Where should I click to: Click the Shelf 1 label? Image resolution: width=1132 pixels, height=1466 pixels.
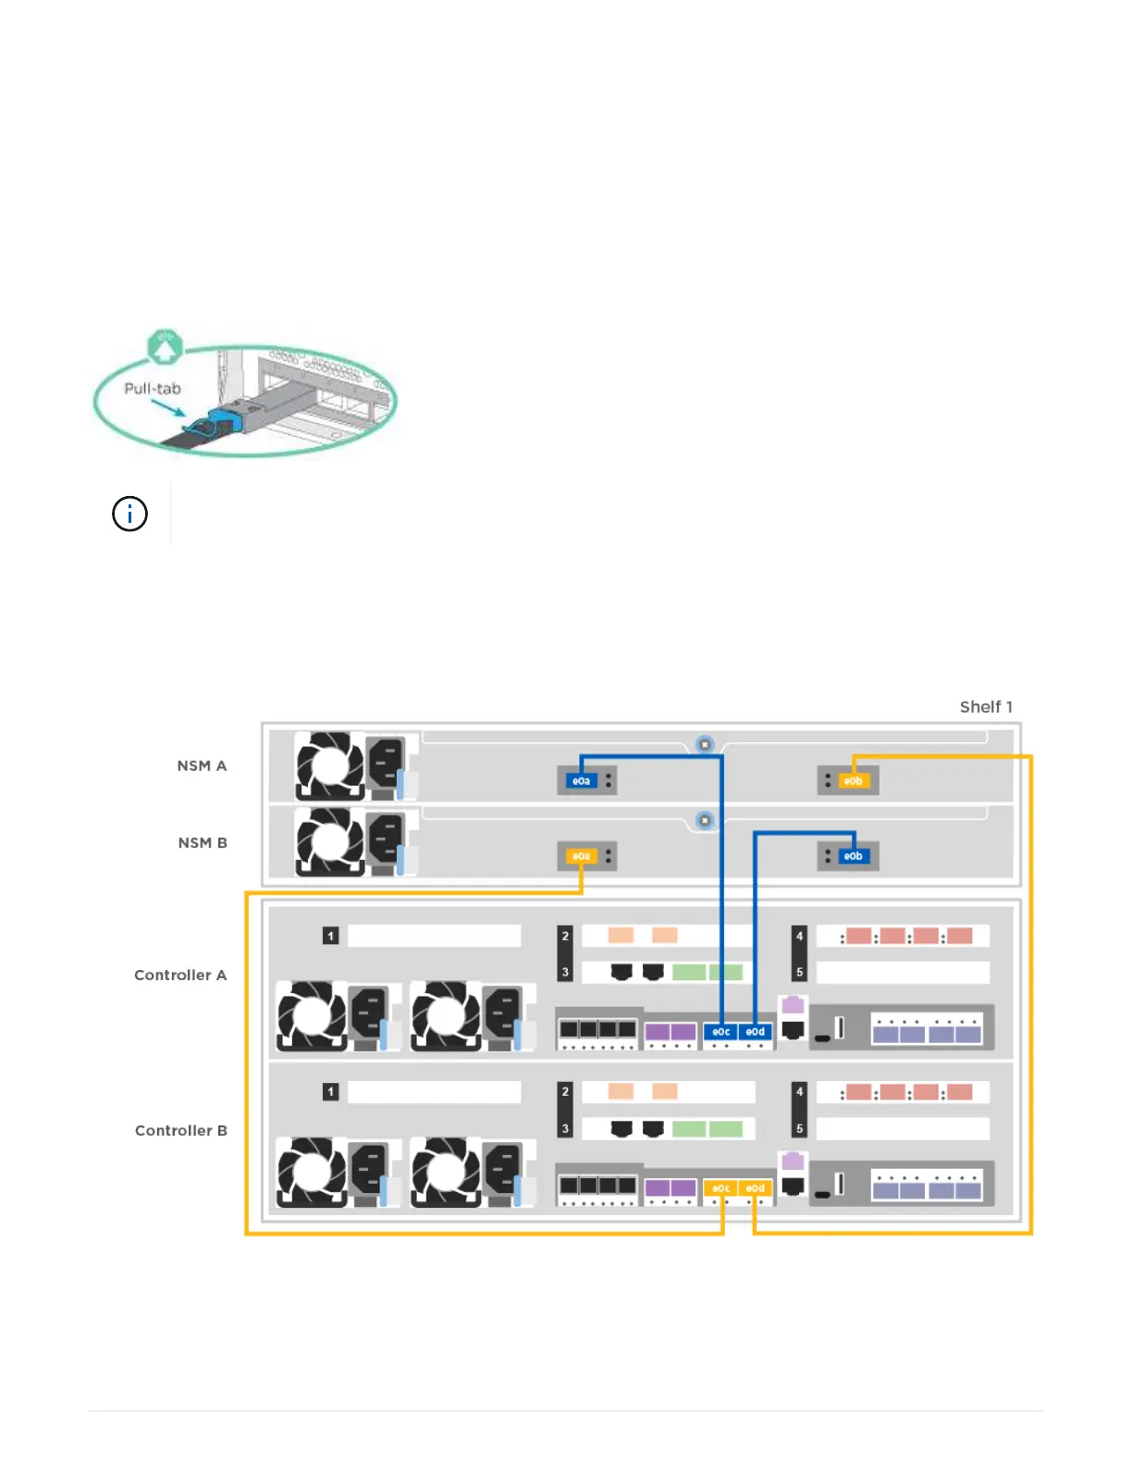pyautogui.click(x=986, y=707)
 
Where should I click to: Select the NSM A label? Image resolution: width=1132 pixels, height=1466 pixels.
pyautogui.click(x=202, y=765)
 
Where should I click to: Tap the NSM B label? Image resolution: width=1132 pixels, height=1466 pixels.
pyautogui.click(x=203, y=842)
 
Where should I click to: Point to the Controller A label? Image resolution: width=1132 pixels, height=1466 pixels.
pyautogui.click(x=180, y=975)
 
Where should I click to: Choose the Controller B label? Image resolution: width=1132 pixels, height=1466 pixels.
pyautogui.click(x=181, y=1130)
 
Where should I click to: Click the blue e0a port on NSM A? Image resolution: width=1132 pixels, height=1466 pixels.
pyautogui.click(x=581, y=781)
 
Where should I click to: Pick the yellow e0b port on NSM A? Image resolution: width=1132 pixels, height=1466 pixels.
pyautogui.click(x=853, y=781)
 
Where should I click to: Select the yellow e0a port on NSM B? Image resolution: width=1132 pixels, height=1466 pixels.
pyautogui.click(x=581, y=856)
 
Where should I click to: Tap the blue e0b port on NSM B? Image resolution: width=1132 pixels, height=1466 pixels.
pyautogui.click(x=853, y=856)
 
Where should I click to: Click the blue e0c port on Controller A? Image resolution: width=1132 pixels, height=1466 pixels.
pyautogui.click(x=721, y=1032)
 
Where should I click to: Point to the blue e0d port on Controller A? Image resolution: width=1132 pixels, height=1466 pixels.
pyautogui.click(x=756, y=1032)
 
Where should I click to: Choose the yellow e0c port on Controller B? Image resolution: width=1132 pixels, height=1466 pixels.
pyautogui.click(x=721, y=1188)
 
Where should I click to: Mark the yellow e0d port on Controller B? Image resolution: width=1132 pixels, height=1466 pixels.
pyautogui.click(x=756, y=1188)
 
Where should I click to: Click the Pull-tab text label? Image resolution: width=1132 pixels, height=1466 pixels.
pyautogui.click(x=153, y=389)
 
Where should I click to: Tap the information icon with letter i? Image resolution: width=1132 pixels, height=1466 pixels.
pyautogui.click(x=129, y=514)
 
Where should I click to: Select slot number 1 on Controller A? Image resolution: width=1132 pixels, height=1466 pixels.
pyautogui.click(x=330, y=936)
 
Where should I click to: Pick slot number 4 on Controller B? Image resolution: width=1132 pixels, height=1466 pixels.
pyautogui.click(x=800, y=1091)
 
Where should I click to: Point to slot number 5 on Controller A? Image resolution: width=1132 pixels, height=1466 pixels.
pyautogui.click(x=800, y=973)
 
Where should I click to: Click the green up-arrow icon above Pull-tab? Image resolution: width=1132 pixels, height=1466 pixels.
pyautogui.click(x=165, y=348)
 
